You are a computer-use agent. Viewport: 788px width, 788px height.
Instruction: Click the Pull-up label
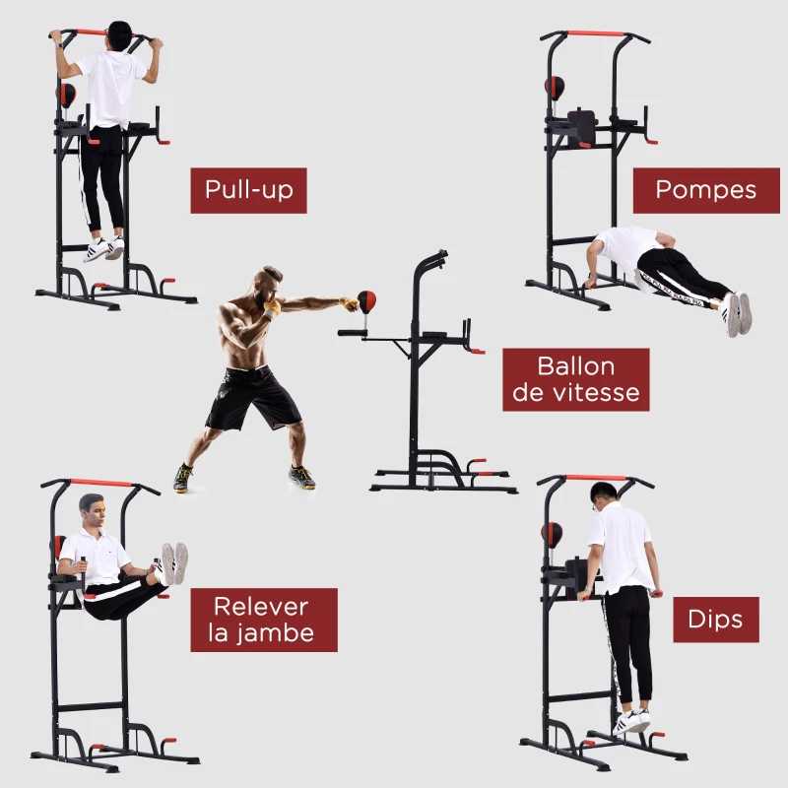click(x=248, y=190)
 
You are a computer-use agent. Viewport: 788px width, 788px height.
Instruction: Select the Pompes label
click(x=706, y=190)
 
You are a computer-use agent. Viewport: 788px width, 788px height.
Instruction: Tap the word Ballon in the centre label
click(x=576, y=366)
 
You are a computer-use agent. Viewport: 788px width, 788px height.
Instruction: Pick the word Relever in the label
click(x=261, y=607)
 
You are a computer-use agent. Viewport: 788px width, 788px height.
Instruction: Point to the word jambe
click(x=276, y=633)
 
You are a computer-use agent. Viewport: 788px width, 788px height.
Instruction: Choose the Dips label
click(x=716, y=620)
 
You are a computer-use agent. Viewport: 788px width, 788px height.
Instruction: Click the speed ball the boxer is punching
click(x=366, y=301)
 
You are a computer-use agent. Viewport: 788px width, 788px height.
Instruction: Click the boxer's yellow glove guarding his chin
click(x=272, y=308)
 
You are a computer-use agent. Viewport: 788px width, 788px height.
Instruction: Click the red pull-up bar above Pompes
click(x=596, y=33)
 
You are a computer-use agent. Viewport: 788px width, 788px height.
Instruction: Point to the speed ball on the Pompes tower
click(x=555, y=89)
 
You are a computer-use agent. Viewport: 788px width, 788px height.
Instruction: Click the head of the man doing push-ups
click(x=597, y=249)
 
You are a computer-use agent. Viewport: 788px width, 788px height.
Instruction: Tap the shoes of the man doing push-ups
click(x=737, y=313)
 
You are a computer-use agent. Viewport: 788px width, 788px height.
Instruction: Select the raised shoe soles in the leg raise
click(x=174, y=563)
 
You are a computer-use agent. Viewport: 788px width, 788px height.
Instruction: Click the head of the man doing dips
click(x=603, y=496)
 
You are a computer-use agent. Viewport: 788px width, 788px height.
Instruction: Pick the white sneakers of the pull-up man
click(x=103, y=248)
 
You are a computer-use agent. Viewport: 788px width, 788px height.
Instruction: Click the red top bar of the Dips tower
click(x=596, y=478)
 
